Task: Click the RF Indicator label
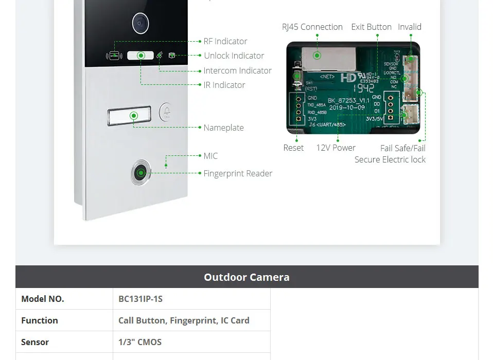pos(225,41)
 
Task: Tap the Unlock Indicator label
pos(234,56)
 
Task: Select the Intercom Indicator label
pos(237,70)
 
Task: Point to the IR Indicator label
pos(224,85)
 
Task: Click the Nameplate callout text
pos(223,128)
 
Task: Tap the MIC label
pos(210,156)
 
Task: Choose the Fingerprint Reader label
pos(238,173)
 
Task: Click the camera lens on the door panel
pos(140,23)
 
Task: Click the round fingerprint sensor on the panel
pos(140,173)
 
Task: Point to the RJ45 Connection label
pos(312,27)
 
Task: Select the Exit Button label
pos(371,27)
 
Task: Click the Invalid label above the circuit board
pos(410,27)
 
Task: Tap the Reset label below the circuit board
pos(293,148)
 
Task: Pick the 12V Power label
pos(336,148)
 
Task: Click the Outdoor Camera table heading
pos(246,277)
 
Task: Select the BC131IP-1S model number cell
pos(140,299)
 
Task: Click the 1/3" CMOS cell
pos(140,342)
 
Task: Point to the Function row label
pos(40,320)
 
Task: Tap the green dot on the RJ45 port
pos(317,55)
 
